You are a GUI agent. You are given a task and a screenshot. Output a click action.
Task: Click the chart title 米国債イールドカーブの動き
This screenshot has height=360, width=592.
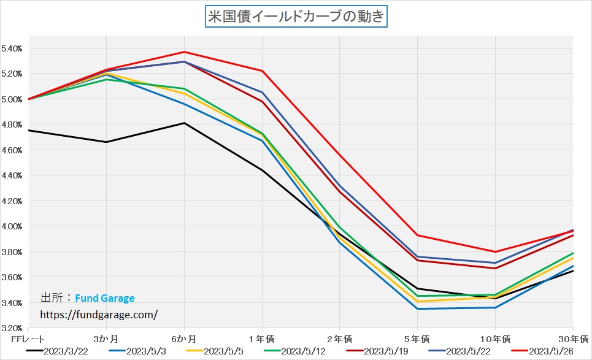(x=296, y=17)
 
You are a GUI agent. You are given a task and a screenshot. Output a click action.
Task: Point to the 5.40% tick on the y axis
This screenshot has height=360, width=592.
(x=13, y=48)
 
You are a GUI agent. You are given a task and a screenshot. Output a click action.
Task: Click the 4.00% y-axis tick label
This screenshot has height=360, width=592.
(x=13, y=226)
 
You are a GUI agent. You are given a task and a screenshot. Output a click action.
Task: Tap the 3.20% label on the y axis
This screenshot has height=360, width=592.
(x=13, y=328)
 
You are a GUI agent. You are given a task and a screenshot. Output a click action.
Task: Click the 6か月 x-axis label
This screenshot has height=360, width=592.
(x=184, y=339)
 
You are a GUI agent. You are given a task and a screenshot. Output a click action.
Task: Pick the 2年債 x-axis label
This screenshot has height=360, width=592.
(x=340, y=339)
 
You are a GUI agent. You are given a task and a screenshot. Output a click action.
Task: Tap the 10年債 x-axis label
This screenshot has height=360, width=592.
(x=494, y=339)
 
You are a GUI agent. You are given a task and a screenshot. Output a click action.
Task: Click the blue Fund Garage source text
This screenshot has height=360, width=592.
(x=105, y=299)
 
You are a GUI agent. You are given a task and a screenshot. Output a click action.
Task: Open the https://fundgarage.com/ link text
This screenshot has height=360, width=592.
(x=99, y=315)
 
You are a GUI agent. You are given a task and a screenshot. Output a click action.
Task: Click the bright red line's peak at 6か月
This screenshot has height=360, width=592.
(x=184, y=52)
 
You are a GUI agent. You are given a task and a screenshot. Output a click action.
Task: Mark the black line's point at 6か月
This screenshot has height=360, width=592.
(x=184, y=123)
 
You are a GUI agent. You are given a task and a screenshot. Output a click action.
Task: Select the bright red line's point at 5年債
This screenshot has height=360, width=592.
(x=417, y=235)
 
